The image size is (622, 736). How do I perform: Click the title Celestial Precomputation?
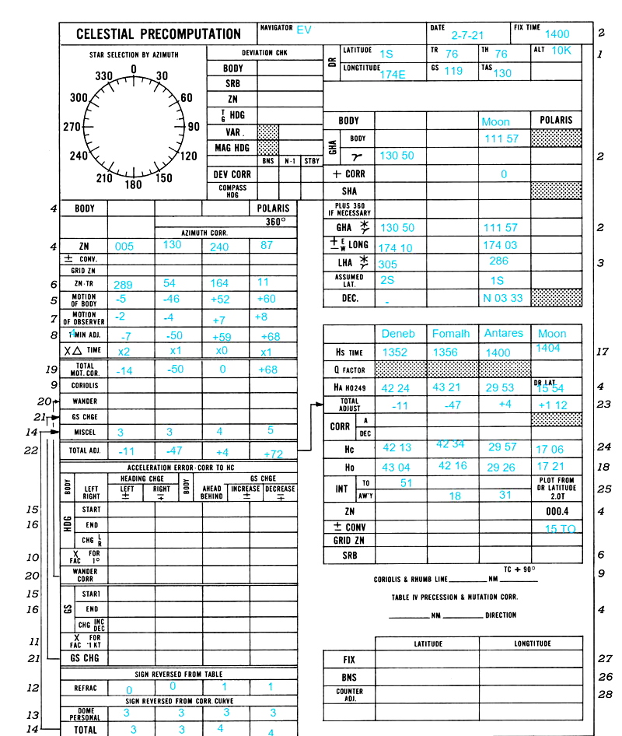[x=158, y=34]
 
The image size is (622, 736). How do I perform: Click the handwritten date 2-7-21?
[x=466, y=35]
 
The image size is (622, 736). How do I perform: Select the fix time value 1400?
[x=557, y=34]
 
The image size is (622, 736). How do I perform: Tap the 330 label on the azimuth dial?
[x=104, y=77]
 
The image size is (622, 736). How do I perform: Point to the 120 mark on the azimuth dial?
[x=188, y=156]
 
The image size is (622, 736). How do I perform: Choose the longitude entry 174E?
[x=393, y=75]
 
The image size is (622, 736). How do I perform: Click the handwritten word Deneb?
[x=398, y=334]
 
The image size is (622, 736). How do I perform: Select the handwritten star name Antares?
[x=503, y=334]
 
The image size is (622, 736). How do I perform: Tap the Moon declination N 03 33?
[x=503, y=299]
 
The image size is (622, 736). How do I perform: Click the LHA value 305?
[x=387, y=265]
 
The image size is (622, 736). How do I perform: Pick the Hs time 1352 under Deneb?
[x=395, y=352]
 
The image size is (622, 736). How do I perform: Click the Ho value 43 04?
[x=397, y=468]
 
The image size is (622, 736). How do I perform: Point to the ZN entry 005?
[x=124, y=246]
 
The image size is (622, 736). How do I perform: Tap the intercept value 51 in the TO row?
[x=406, y=483]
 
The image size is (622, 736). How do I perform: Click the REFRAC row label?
[x=85, y=688]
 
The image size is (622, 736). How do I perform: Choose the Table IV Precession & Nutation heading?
[x=454, y=597]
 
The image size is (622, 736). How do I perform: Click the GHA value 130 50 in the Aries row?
[x=397, y=156]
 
